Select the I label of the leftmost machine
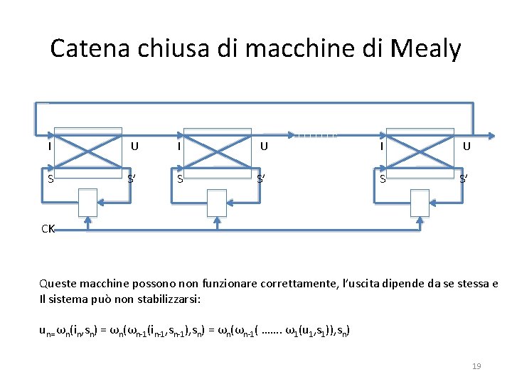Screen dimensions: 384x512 pos(49,146)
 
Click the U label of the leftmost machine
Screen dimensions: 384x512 pos(134,146)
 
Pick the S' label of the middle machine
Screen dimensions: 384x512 pos(262,178)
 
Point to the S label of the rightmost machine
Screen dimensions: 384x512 pos(383,178)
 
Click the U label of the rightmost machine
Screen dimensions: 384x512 pos(466,146)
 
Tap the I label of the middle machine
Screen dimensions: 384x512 pos(178,146)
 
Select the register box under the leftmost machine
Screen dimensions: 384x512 pos(88,202)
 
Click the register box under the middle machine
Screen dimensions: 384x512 pos(218,202)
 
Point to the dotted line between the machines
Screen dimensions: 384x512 pos(314,133)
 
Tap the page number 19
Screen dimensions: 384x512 pos(476,366)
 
